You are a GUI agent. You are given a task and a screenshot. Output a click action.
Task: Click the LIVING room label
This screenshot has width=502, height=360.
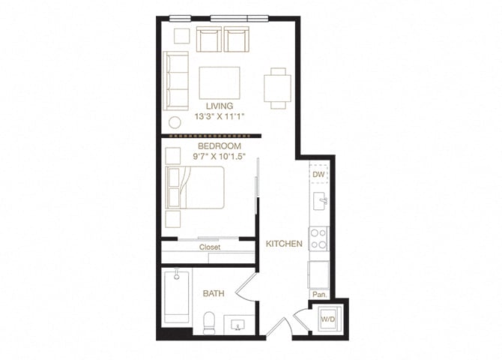tap(220, 106)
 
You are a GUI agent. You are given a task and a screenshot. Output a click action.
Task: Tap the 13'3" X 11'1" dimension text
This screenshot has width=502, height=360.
tap(220, 117)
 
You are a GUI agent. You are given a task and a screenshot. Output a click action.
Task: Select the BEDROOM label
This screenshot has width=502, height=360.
tap(220, 145)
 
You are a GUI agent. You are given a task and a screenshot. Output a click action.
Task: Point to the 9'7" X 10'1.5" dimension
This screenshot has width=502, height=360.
tap(220, 156)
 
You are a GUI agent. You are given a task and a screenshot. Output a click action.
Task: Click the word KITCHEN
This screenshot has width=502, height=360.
tap(284, 244)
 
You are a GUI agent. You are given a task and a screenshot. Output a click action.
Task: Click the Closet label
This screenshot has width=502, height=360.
tap(209, 247)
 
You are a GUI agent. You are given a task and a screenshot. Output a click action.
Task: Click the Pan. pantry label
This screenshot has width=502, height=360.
tap(319, 294)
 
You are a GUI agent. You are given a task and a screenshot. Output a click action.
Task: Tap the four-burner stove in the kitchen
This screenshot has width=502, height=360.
tap(319, 238)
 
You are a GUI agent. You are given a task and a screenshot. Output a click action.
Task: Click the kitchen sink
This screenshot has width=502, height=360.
tap(320, 201)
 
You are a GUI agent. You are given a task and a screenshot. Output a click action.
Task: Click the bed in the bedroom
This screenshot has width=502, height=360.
tap(196, 188)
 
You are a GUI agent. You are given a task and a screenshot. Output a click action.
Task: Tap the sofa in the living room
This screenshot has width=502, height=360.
tap(176, 81)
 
